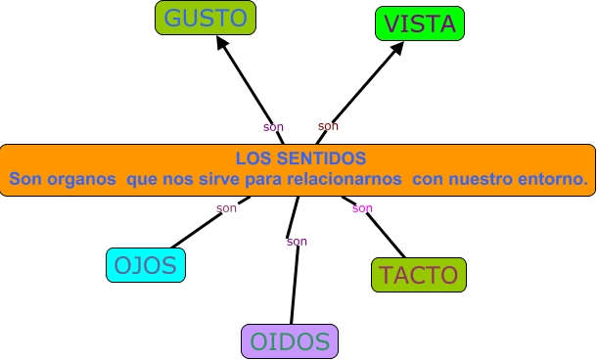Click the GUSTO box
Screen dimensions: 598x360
click(205, 19)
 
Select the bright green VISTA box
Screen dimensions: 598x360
click(420, 24)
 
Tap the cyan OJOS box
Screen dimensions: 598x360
click(146, 265)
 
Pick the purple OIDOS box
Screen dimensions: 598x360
click(290, 341)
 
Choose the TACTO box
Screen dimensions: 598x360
click(419, 275)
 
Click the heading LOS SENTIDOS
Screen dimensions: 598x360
click(300, 157)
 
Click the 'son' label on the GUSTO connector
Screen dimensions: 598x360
click(273, 127)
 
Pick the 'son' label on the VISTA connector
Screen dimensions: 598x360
click(328, 126)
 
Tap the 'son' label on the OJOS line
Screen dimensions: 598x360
click(226, 208)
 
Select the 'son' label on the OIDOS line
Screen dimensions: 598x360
click(297, 242)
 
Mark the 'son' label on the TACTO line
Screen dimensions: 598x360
click(362, 208)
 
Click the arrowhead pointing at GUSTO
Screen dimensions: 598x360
click(223, 46)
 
